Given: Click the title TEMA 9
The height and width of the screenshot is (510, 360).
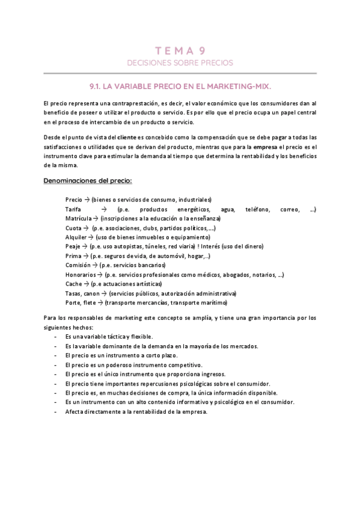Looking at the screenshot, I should [x=180, y=51].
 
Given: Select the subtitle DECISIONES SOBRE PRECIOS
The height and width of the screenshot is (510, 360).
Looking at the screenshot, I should [x=180, y=63].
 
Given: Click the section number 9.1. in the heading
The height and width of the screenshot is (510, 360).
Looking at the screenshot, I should [x=97, y=85].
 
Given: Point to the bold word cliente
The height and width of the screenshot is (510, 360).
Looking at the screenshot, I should [x=127, y=137].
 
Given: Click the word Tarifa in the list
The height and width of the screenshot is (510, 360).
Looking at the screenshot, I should [x=73, y=209].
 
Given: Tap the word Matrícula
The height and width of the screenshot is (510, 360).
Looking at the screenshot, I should [x=78, y=218].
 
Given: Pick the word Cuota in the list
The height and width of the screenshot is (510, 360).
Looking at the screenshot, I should [x=74, y=228].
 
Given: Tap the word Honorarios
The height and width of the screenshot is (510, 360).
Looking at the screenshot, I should [x=81, y=274].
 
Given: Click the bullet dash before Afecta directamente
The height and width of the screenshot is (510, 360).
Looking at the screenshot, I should [x=55, y=411].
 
